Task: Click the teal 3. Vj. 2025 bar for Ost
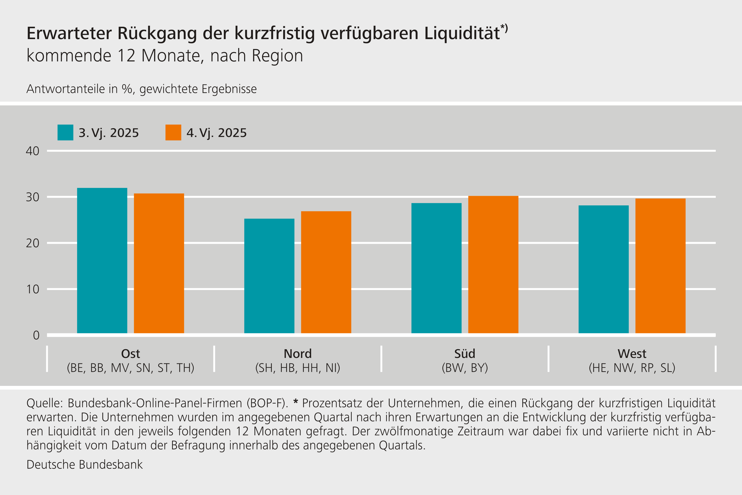(102, 260)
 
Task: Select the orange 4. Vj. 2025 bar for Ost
(159, 263)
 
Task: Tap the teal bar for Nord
(269, 276)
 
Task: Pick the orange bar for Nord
(326, 272)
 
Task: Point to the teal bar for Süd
(436, 268)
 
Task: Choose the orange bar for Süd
(493, 265)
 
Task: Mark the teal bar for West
(603, 269)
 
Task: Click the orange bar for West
(660, 266)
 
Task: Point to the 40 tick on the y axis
(32, 151)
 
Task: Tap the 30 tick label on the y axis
(32, 197)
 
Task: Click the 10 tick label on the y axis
(32, 289)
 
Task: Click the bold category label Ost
(130, 354)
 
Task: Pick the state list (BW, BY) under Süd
(465, 368)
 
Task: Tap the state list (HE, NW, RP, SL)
(632, 368)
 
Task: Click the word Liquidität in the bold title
(462, 33)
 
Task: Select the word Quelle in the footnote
(45, 403)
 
